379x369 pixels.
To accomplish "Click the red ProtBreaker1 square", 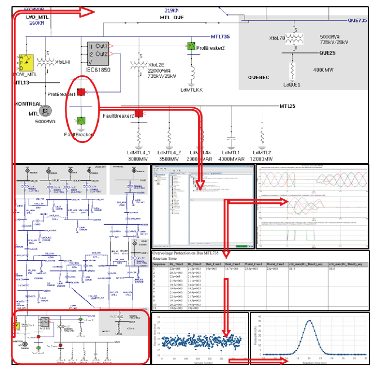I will tap(81, 92).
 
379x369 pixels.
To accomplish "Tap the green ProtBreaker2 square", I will tap(191, 46).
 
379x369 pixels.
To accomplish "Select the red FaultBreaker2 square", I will tap(139, 114).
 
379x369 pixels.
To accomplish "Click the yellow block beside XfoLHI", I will tap(27, 62).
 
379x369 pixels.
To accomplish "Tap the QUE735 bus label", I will tap(358, 21).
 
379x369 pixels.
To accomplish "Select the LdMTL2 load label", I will tap(262, 152).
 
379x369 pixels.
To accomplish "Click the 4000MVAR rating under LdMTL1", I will tap(231, 159).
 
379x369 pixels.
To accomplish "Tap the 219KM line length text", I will tap(172, 11).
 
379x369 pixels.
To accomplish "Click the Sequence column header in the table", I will tap(161, 264).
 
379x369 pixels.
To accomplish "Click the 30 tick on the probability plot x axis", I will tap(366, 358).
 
